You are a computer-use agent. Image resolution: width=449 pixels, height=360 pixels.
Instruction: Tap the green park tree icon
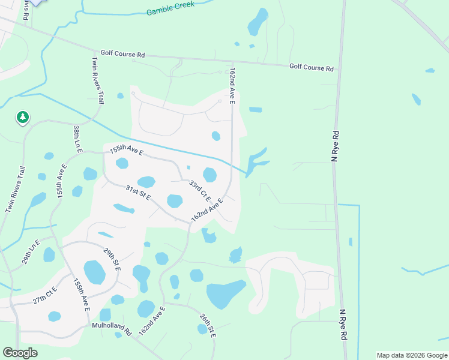pos(23,117)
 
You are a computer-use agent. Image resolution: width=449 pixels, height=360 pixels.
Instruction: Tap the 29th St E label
pos(112,259)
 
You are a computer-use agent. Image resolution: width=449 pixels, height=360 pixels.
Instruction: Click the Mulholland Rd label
pos(112,329)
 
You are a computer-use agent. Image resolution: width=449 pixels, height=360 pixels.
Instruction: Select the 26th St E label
pos(208,323)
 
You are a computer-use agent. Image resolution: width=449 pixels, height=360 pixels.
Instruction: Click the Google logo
pos(20,353)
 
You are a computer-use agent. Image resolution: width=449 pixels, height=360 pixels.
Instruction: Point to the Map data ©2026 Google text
pos(411,355)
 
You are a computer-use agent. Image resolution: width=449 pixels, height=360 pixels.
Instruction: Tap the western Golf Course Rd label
pos(122,54)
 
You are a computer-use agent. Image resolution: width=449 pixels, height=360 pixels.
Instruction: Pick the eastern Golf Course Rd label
pos(311,68)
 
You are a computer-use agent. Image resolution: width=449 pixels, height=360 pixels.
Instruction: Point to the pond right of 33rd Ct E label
pos(209,175)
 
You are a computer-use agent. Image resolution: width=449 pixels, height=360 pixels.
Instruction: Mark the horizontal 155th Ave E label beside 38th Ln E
pos(125,151)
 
